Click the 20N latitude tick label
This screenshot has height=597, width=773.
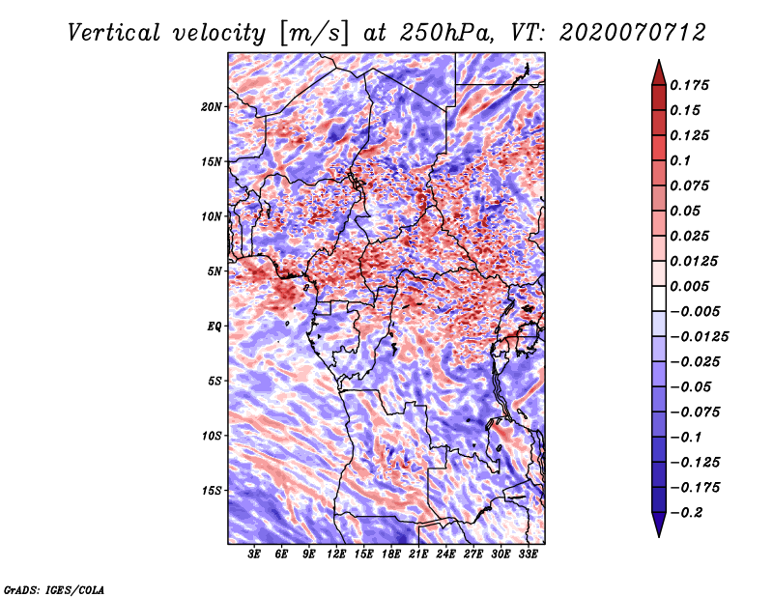tap(213, 106)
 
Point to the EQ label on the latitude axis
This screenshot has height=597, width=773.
tap(214, 327)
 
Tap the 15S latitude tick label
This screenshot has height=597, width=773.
tap(213, 491)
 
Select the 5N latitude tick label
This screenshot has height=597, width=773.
tap(215, 271)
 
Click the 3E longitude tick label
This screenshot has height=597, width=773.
tap(255, 555)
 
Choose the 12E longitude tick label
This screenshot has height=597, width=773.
tap(337, 555)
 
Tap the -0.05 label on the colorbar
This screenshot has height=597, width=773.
tap(692, 387)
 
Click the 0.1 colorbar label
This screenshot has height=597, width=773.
tap(684, 160)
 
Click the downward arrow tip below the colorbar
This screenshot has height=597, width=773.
tap(658, 533)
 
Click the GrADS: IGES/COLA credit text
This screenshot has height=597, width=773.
tap(54, 588)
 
